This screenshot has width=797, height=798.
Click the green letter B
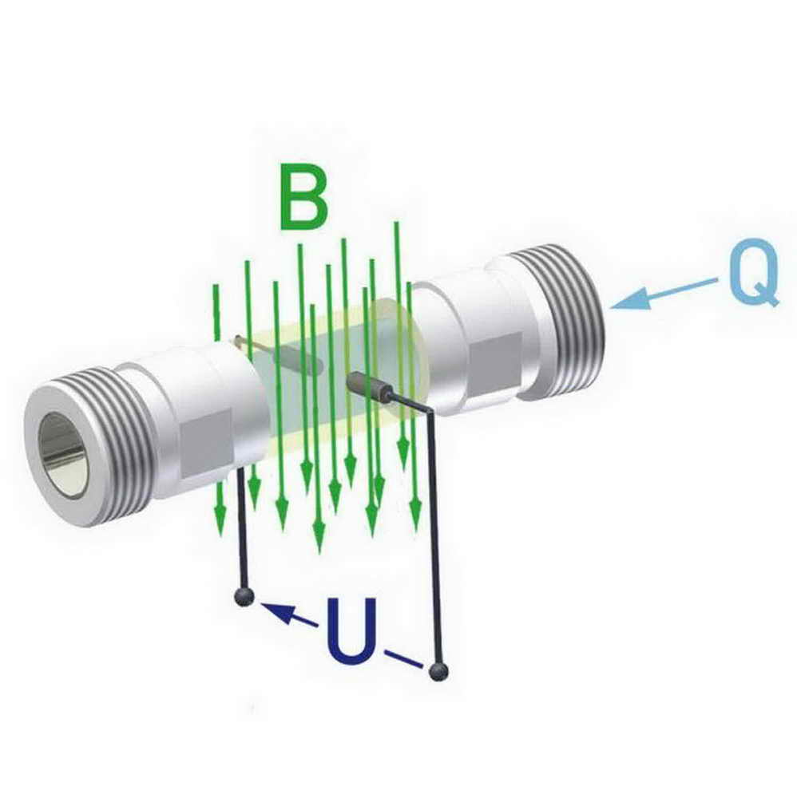point(303,198)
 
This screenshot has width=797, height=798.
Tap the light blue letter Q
point(754,273)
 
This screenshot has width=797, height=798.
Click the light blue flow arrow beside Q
point(664,294)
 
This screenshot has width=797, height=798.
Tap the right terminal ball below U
point(438,671)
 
